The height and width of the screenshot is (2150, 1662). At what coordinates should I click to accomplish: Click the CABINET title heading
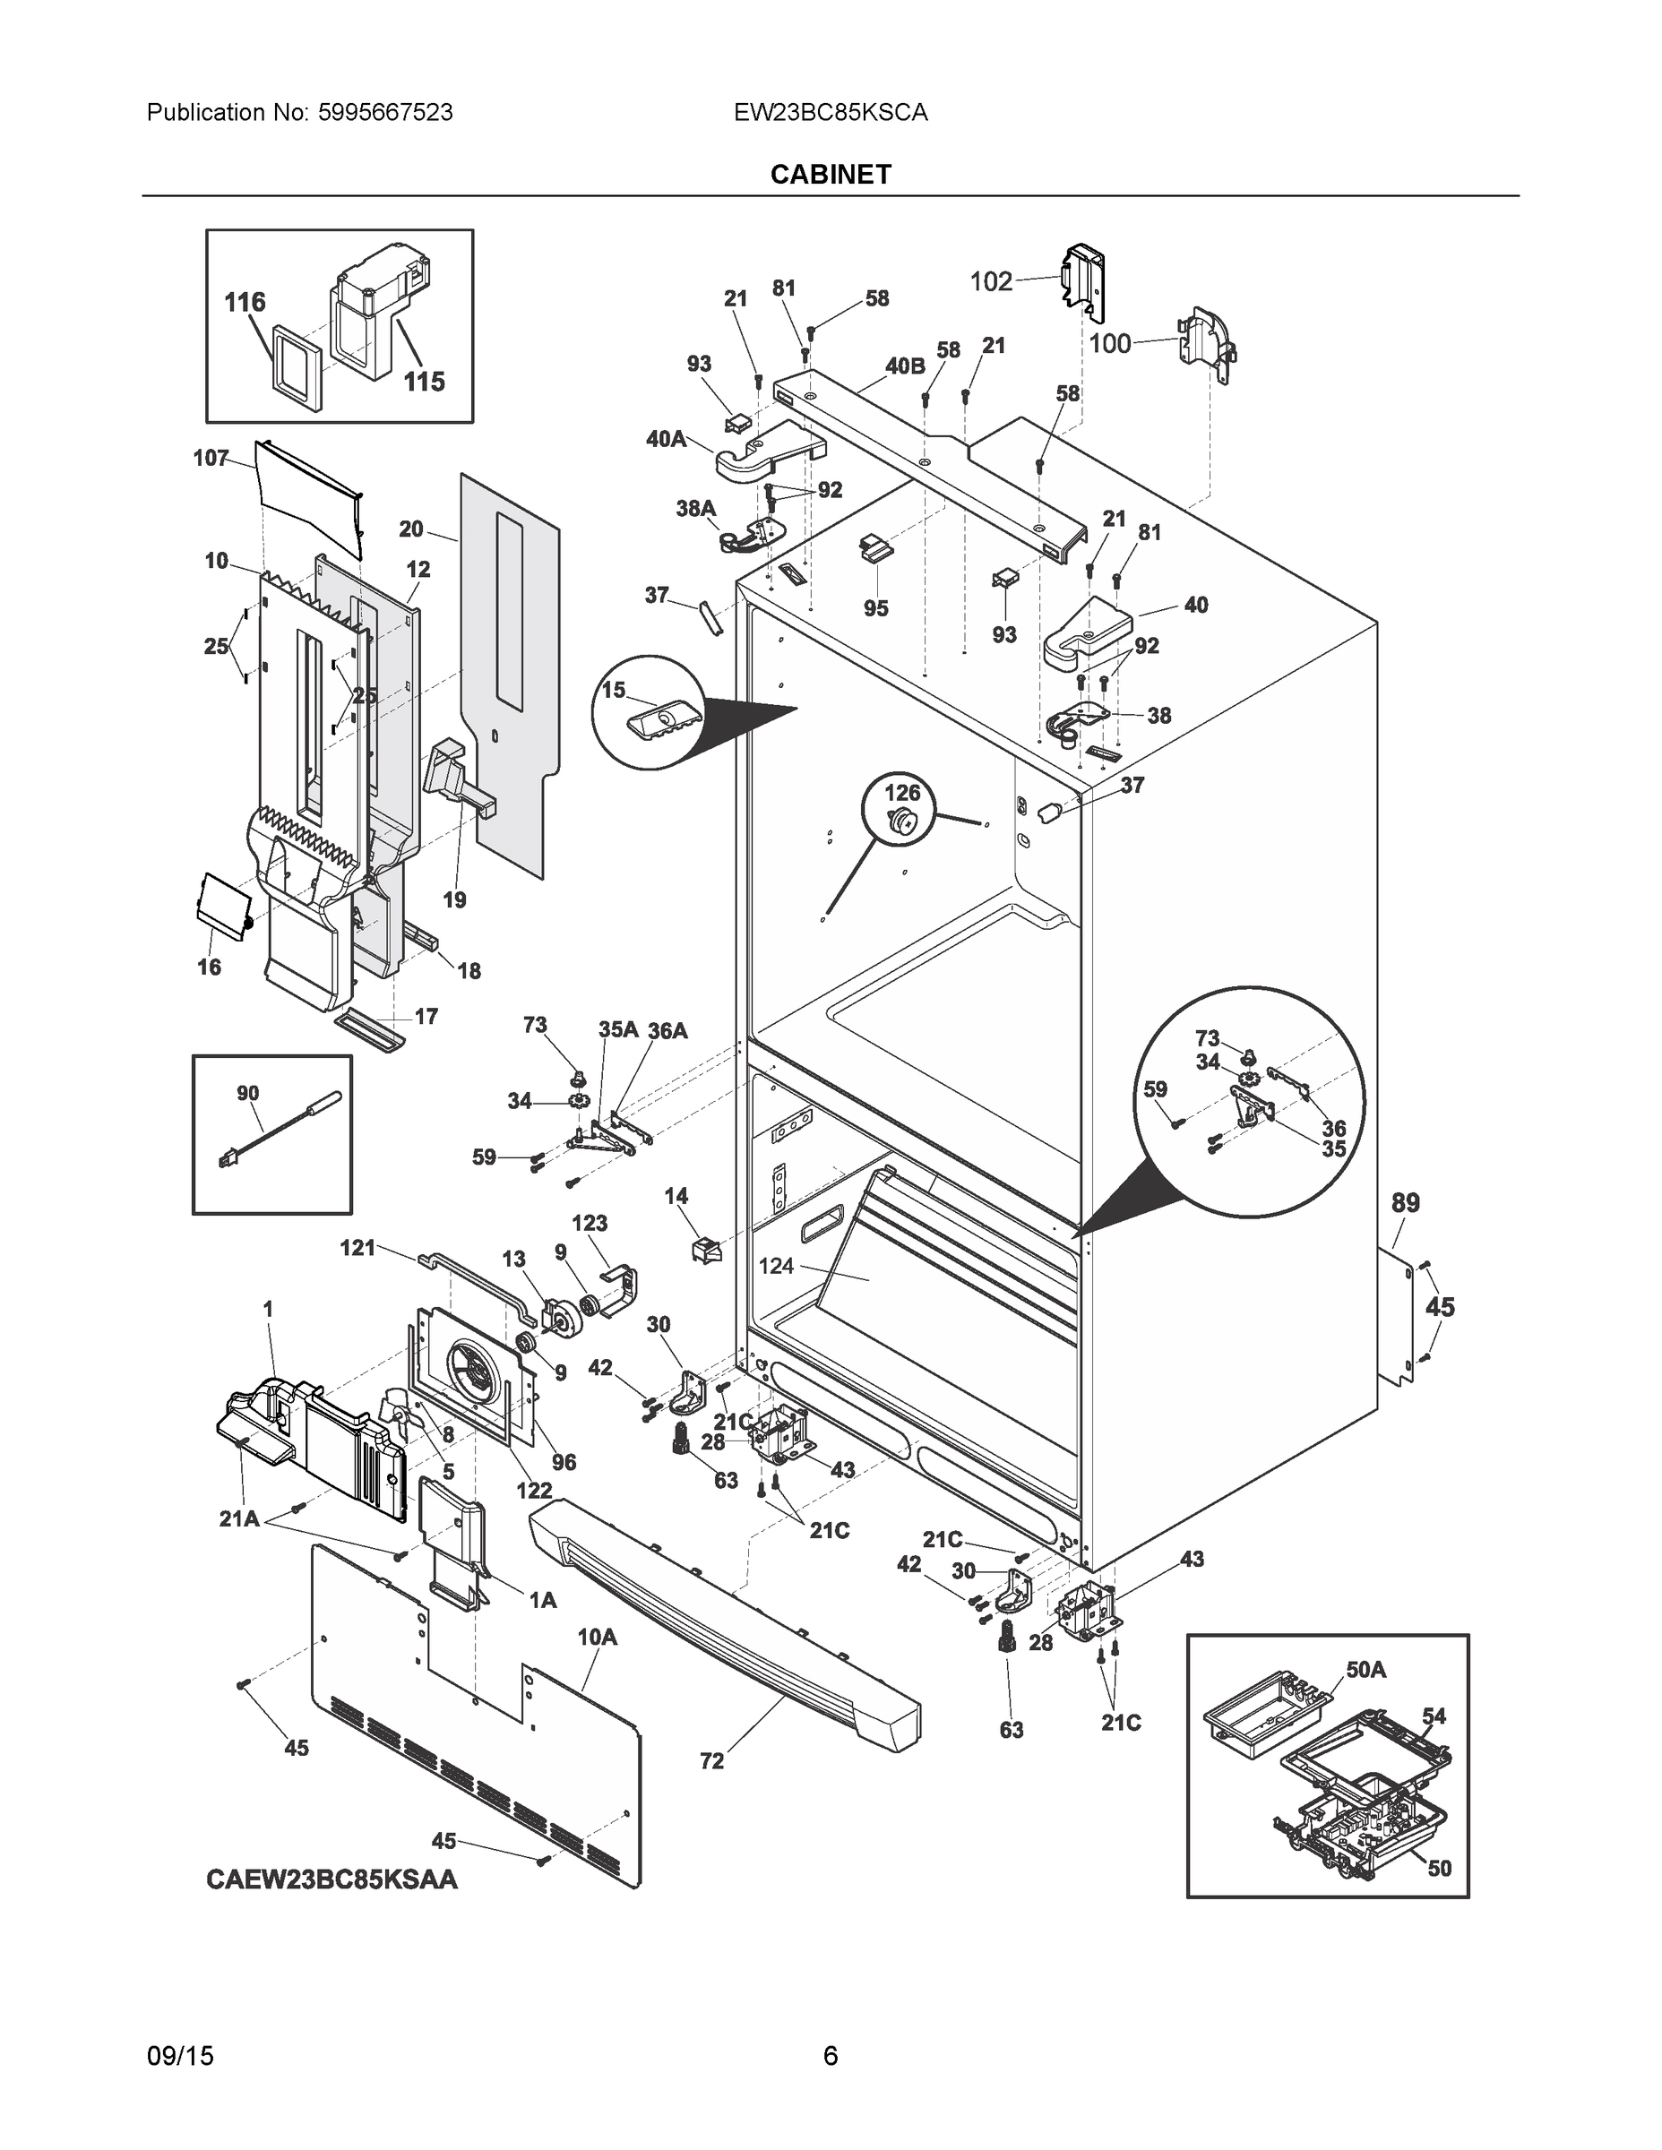click(830, 175)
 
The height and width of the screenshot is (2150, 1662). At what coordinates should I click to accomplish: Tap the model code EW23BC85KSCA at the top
click(830, 113)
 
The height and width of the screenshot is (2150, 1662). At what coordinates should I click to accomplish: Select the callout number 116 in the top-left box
click(245, 302)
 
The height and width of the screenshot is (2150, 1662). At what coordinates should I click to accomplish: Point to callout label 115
click(425, 381)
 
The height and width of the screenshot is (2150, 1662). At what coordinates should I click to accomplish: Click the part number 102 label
click(991, 281)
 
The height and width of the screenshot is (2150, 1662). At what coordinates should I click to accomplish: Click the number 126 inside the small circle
click(902, 793)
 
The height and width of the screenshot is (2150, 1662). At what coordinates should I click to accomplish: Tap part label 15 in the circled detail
click(614, 690)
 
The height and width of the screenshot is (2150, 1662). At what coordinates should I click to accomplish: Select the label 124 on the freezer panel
click(776, 1266)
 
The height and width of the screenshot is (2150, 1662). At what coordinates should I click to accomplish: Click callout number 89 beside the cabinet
click(1405, 1202)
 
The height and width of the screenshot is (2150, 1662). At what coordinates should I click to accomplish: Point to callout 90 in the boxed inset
click(248, 1093)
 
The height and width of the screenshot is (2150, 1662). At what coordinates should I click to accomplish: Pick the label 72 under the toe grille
click(712, 1761)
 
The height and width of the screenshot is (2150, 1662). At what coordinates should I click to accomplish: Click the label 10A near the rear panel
click(597, 1637)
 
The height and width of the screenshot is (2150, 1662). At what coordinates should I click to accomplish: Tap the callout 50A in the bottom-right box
click(1365, 1670)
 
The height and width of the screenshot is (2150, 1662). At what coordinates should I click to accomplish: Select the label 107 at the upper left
click(211, 458)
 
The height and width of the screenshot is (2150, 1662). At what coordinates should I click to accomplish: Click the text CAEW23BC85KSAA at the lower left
click(332, 1879)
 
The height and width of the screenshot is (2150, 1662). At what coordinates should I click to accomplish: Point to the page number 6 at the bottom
click(830, 2056)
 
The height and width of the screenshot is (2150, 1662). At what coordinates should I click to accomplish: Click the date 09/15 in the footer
click(180, 2056)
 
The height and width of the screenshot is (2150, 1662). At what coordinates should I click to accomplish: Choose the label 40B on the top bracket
click(905, 366)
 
